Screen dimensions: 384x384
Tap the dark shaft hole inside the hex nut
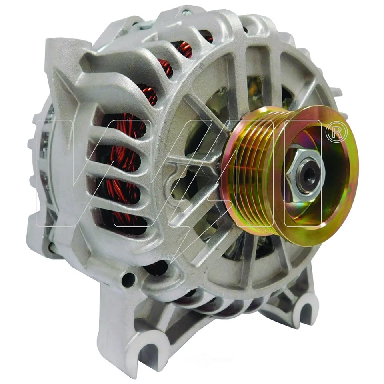click(310, 172)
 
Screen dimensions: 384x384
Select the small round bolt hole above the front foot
click(128, 280)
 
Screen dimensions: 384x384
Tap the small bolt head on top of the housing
click(185, 12)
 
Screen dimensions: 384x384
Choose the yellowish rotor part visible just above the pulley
click(256, 96)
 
